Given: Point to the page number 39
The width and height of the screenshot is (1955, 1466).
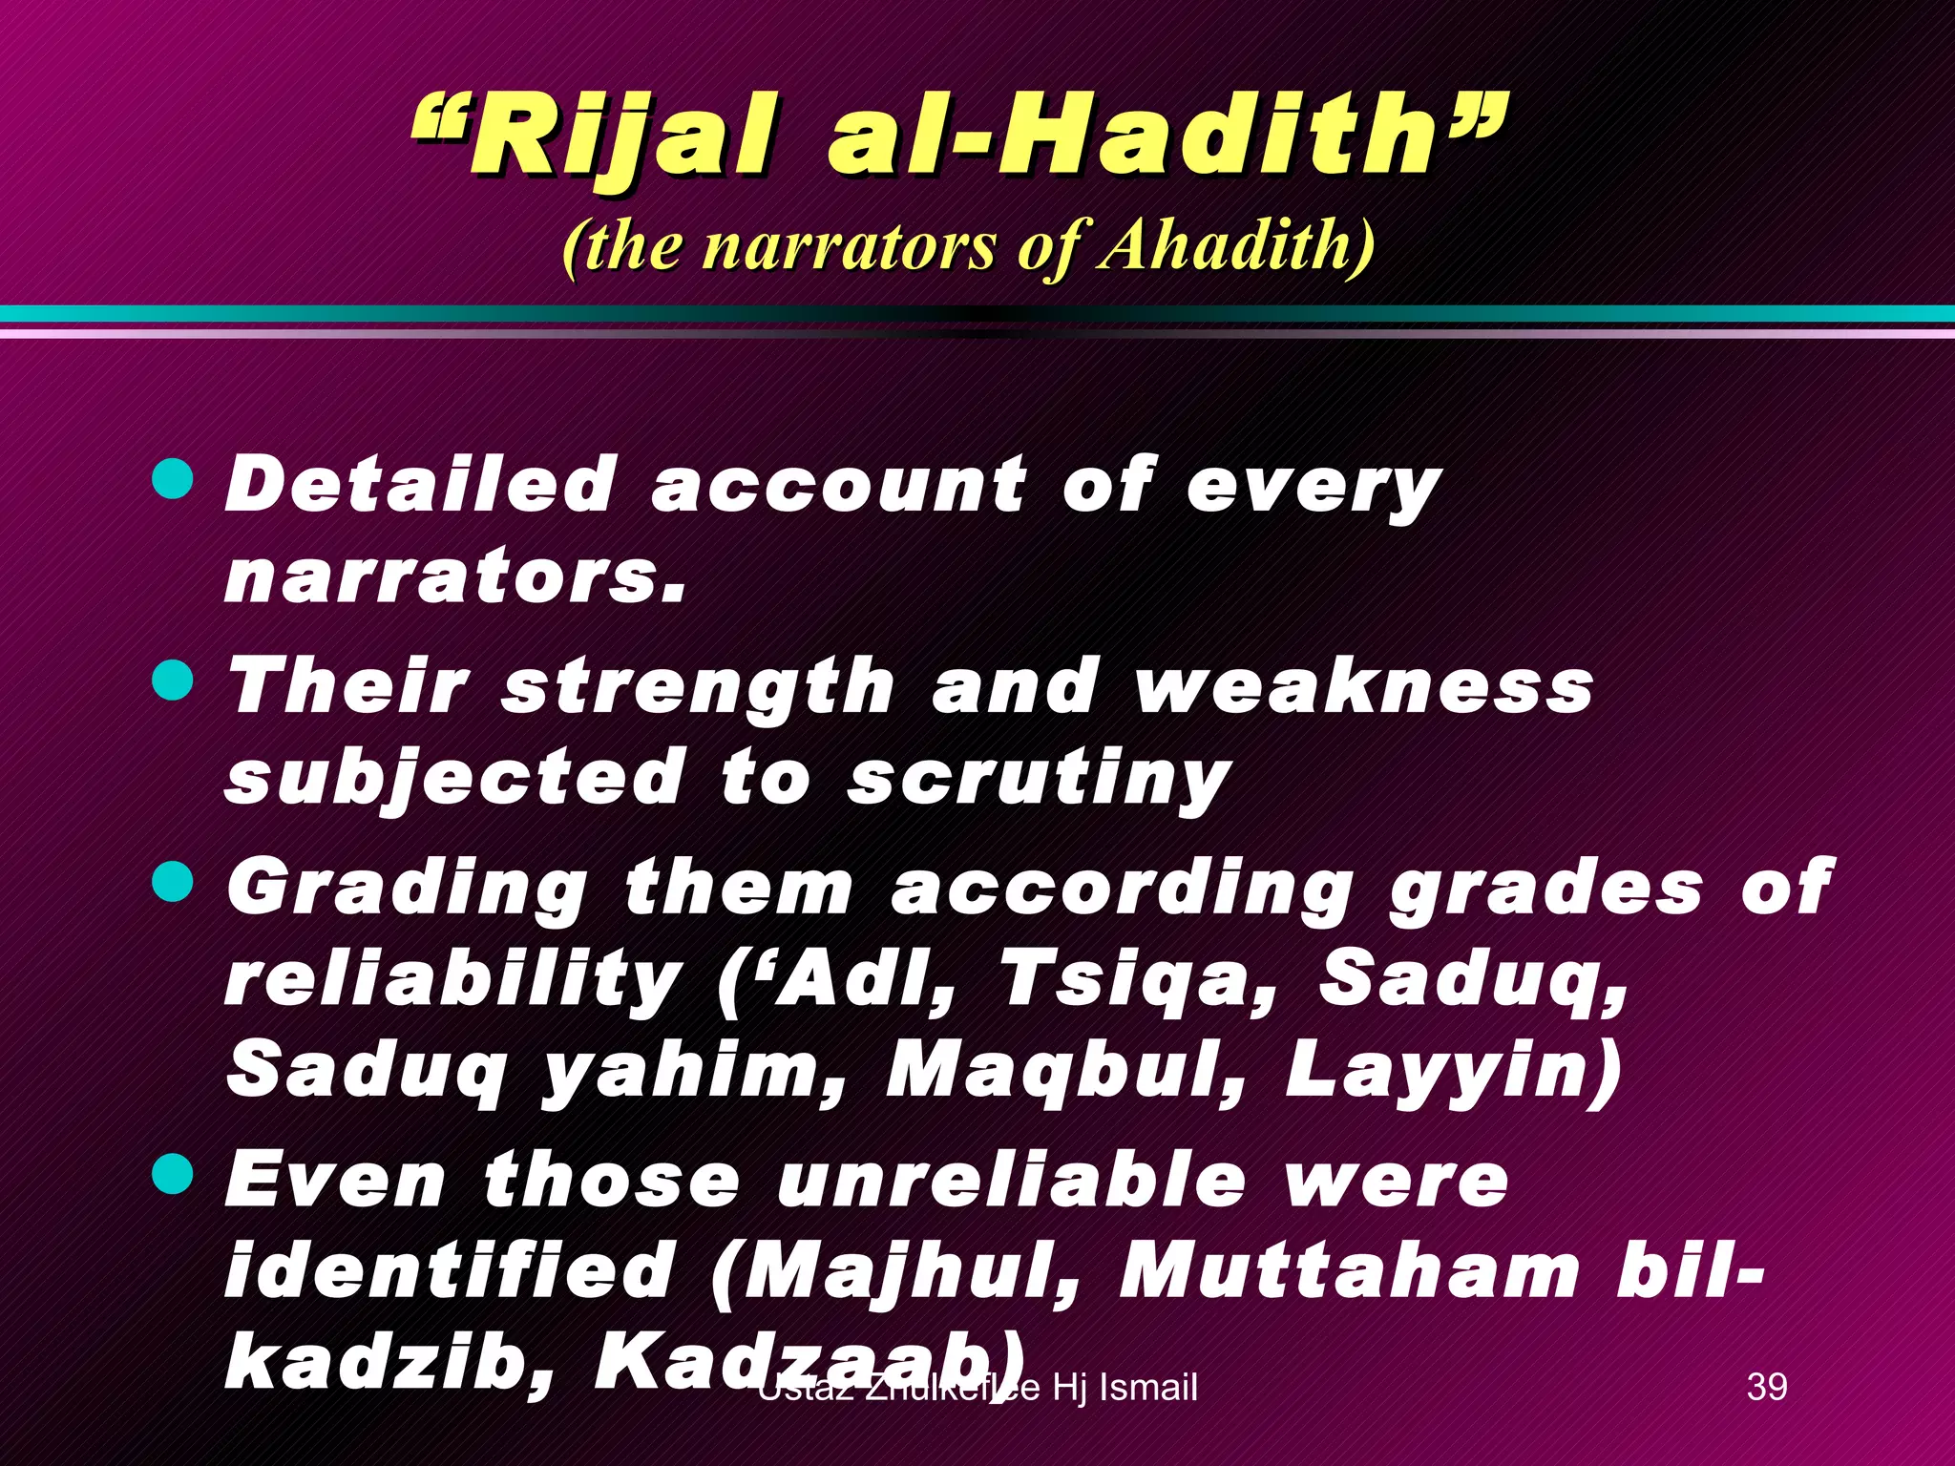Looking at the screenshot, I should [1766, 1387].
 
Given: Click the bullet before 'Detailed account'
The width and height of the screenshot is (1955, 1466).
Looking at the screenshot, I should [173, 478].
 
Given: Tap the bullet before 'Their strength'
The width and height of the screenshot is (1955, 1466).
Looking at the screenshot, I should [173, 681].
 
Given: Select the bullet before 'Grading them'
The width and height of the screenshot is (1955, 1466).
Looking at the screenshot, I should [173, 881].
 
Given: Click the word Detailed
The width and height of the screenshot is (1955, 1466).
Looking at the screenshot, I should [420, 484].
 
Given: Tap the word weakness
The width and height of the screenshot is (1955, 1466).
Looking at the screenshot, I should [1364, 686].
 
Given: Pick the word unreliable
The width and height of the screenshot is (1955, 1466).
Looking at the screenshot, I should [1012, 1181].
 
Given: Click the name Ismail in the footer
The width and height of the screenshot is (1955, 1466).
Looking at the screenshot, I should [1148, 1387].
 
